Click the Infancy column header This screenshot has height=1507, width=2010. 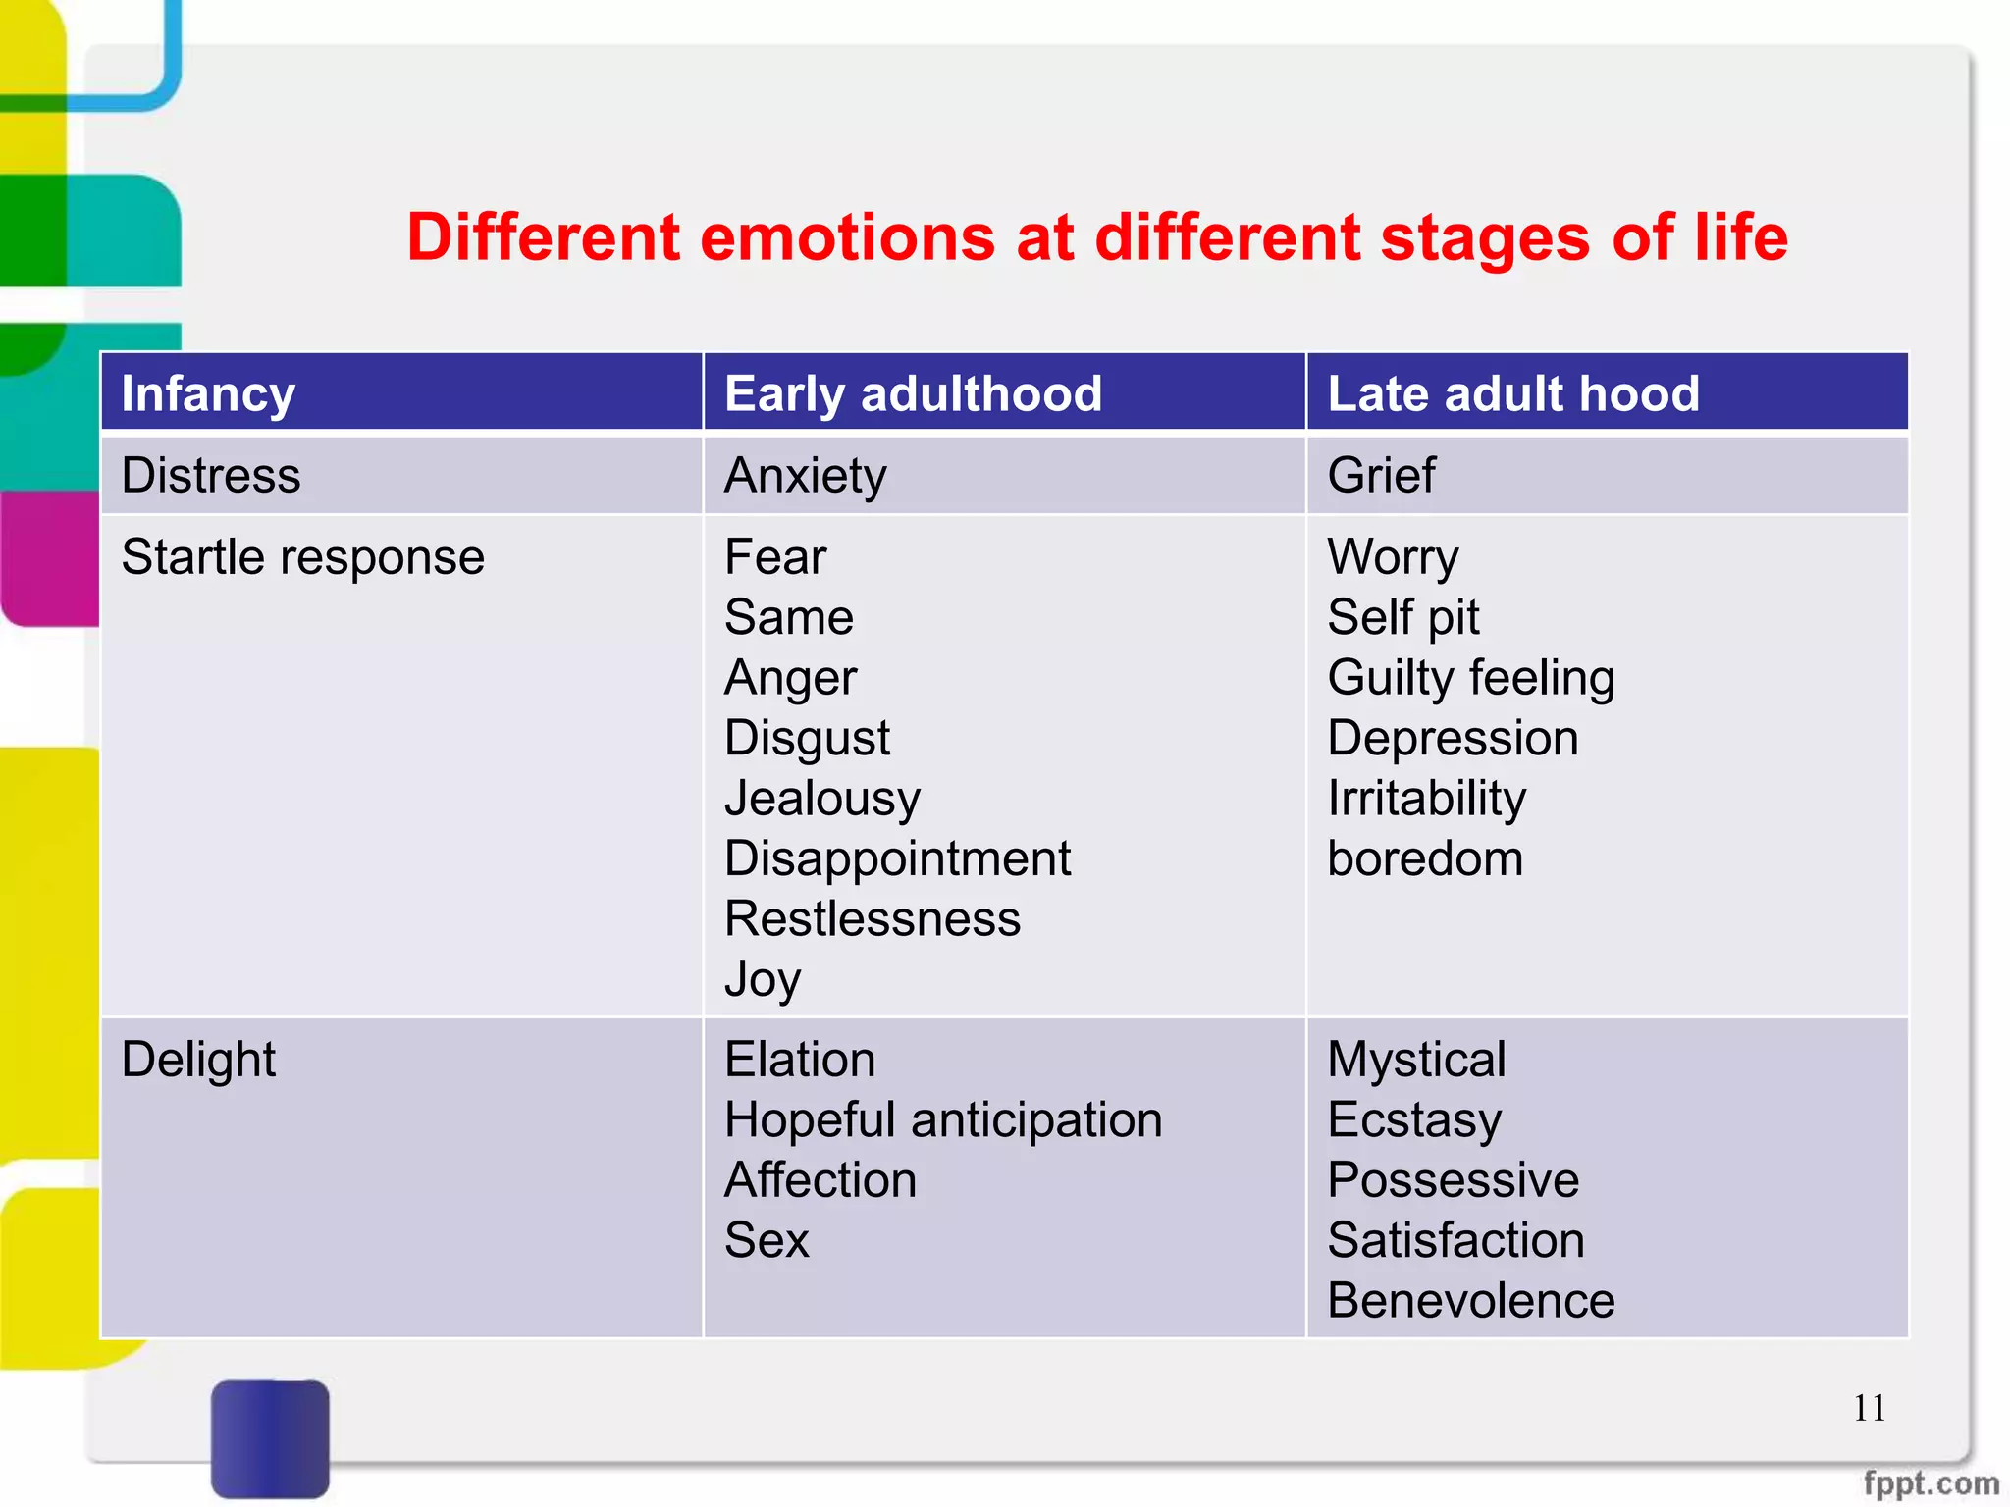point(208,393)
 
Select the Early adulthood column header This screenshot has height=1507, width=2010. point(913,393)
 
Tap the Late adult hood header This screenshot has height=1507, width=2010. point(1512,393)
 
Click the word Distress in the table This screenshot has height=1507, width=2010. point(210,475)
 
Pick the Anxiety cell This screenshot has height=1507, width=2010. point(805,476)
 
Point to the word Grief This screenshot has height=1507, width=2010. point(1381,476)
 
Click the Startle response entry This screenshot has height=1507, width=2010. point(302,557)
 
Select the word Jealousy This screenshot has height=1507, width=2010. point(822,798)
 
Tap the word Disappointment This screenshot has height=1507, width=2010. point(897,858)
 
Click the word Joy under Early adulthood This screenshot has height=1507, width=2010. point(763,979)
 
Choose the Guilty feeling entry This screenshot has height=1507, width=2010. point(1470,678)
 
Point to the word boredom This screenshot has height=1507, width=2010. point(1425,858)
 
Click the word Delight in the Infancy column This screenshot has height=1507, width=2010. point(198,1060)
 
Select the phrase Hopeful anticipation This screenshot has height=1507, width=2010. point(943,1119)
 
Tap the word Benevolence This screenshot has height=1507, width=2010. point(1470,1301)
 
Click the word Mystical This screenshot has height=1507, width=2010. point(1416,1060)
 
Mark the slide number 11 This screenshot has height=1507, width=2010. point(1869,1408)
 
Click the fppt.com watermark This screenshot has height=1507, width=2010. point(1931,1482)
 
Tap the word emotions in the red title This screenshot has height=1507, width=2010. point(847,237)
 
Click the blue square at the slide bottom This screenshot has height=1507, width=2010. point(270,1437)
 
